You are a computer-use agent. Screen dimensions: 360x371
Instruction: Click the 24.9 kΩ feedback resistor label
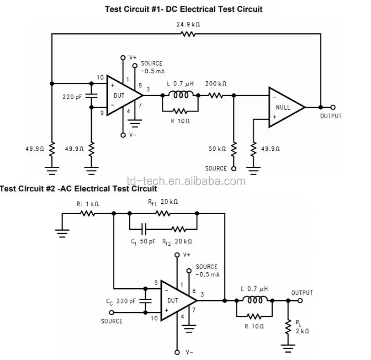(188, 25)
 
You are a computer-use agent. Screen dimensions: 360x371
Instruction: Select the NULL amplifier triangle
(283, 107)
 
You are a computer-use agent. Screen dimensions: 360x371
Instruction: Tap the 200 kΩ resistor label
(216, 84)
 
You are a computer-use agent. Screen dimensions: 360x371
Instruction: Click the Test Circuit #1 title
(184, 9)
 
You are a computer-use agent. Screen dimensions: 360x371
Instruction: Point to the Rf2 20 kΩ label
(177, 241)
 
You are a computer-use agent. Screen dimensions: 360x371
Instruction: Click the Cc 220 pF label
(121, 301)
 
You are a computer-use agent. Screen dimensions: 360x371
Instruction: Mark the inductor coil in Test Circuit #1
(180, 95)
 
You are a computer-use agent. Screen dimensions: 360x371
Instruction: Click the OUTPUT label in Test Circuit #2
(302, 292)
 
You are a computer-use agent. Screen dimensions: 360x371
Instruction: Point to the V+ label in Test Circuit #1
(132, 58)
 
